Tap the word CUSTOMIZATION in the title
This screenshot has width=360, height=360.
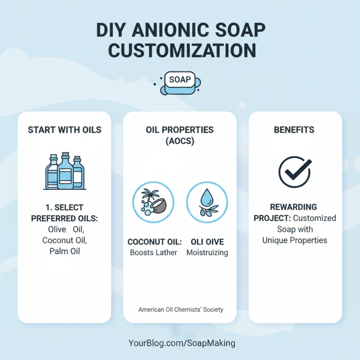[x=180, y=49]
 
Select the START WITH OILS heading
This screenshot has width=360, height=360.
[x=64, y=130]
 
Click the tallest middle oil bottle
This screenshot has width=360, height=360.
[x=65, y=171]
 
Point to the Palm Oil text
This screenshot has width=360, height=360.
[x=64, y=251]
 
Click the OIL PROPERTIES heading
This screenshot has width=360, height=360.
[x=180, y=130]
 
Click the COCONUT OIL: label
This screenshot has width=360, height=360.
[x=153, y=242]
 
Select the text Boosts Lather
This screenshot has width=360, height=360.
[x=153, y=252]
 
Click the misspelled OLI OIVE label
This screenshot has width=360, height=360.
[x=207, y=242]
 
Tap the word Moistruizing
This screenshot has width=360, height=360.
[x=207, y=252]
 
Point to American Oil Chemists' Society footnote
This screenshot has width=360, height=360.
[x=180, y=310]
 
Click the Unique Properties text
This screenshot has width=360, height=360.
[x=295, y=240]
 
